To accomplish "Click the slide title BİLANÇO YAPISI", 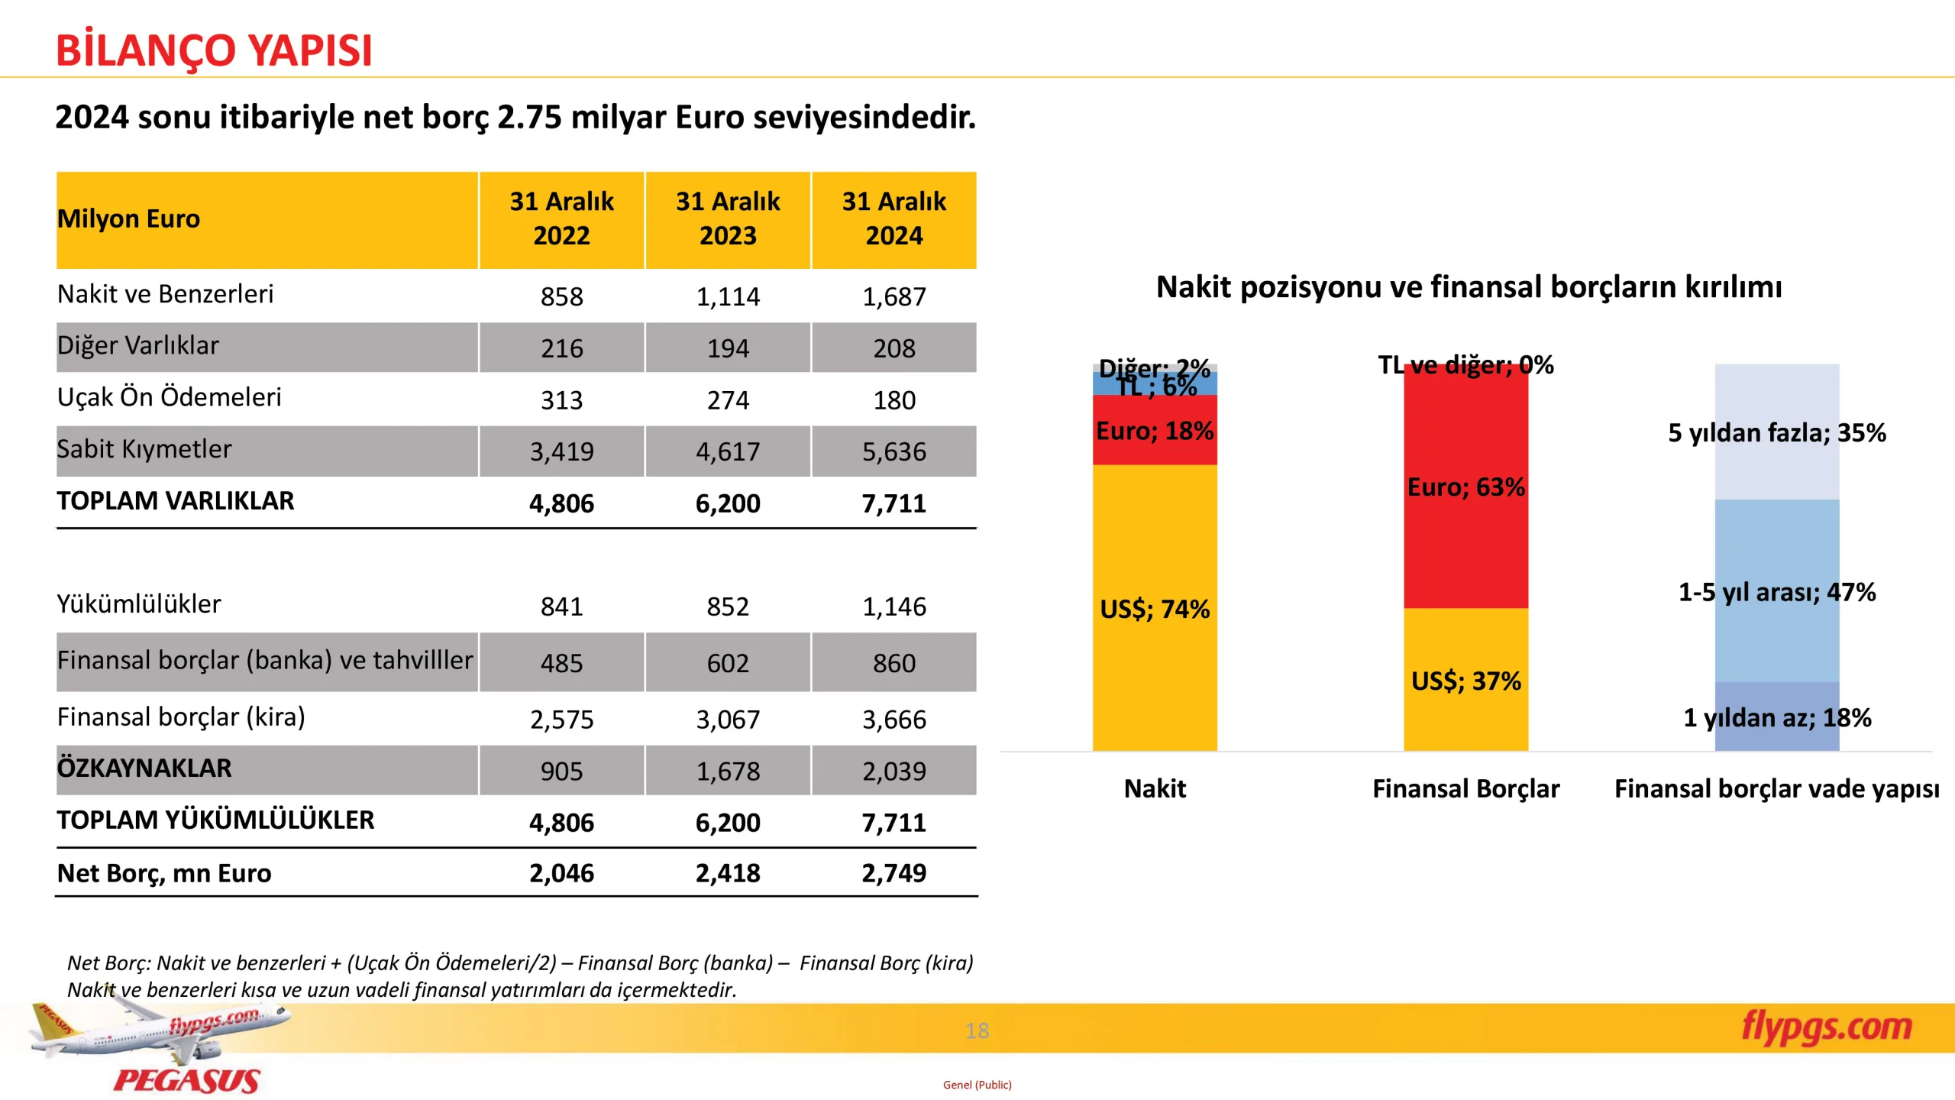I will (x=214, y=50).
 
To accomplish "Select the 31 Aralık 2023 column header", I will (x=727, y=218).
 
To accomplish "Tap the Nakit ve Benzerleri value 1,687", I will (x=893, y=296).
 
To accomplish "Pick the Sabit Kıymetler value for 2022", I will (x=561, y=451).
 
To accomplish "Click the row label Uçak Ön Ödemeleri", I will (x=169, y=397).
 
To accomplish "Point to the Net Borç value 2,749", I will (x=893, y=873).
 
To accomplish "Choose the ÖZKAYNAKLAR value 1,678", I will (x=727, y=772).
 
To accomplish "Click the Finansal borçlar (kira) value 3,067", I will (x=727, y=720).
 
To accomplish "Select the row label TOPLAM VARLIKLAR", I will (x=175, y=501).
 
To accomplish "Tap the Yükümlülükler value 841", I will (x=561, y=607).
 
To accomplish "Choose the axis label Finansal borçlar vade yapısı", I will (x=1776, y=788).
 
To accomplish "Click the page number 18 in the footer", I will (x=977, y=1031).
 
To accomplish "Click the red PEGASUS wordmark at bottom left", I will (x=187, y=1080).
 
